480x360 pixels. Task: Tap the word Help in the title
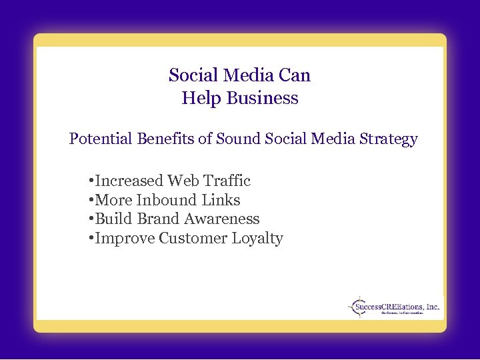[201, 99]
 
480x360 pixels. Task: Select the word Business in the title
[262, 99]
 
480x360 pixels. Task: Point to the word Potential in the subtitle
[101, 139]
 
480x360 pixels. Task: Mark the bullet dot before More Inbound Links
[91, 201]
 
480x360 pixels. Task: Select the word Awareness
[221, 219]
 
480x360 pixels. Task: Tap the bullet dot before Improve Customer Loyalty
[91, 239]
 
